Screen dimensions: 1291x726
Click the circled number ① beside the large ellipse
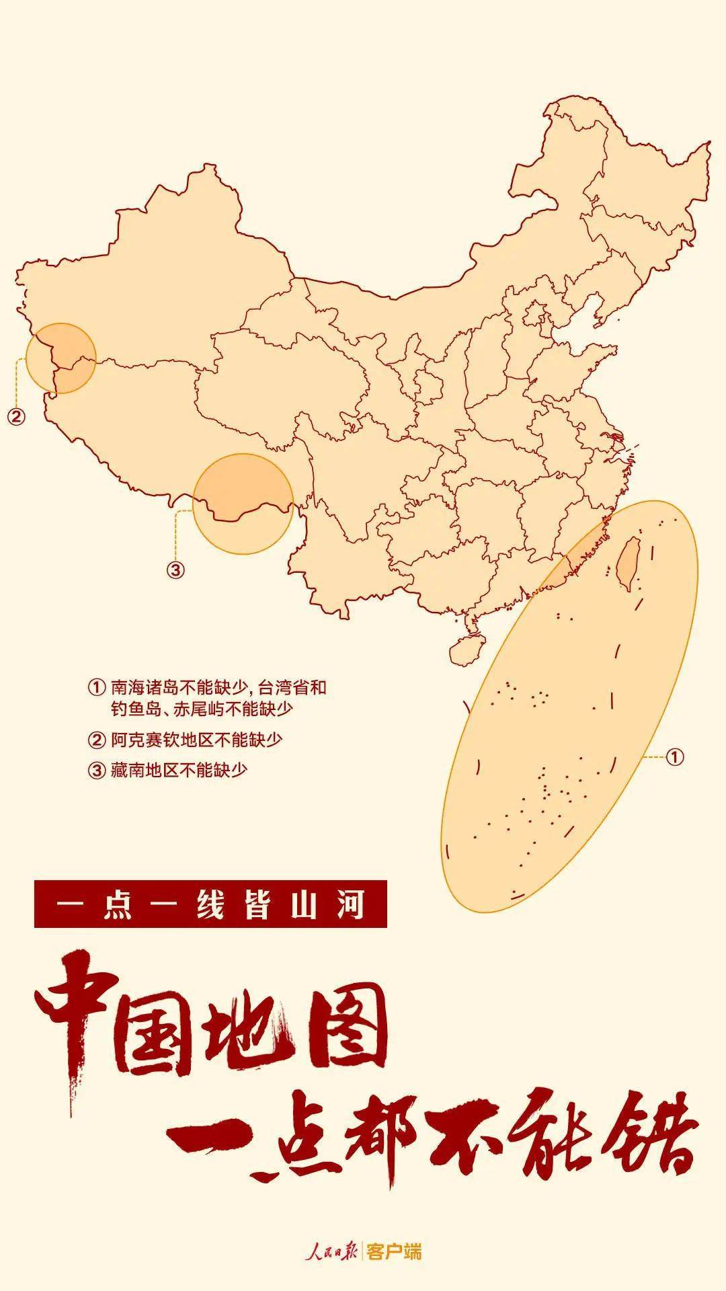coord(675,757)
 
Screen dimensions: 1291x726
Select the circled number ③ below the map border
coord(175,570)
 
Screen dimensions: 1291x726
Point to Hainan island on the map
coord(466,649)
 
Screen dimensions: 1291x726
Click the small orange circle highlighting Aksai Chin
coord(61,358)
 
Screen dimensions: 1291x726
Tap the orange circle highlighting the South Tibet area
coord(243,504)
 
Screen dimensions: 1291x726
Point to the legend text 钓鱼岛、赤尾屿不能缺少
coord(202,709)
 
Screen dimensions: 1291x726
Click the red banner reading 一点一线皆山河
coord(210,904)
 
